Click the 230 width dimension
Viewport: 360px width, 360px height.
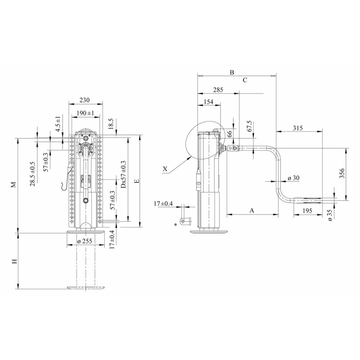point(85,100)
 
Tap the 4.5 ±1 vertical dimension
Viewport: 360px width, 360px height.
point(58,123)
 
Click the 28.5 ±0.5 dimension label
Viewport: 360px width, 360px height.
point(32,174)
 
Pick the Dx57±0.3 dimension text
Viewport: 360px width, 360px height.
point(123,174)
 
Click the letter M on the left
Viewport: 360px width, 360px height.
point(13,185)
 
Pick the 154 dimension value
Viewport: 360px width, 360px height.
point(208,102)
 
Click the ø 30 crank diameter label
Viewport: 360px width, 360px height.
point(293,178)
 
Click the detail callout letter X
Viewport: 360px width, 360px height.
point(165,169)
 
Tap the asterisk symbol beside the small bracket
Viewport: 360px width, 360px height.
point(175,224)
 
